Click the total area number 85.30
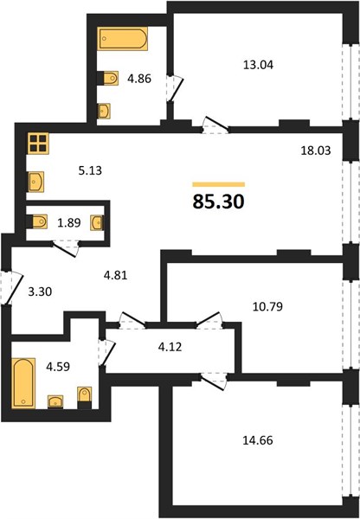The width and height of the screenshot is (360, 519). click(x=218, y=202)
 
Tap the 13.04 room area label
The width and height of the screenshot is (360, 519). click(x=258, y=65)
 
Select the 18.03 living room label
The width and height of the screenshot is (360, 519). click(x=316, y=151)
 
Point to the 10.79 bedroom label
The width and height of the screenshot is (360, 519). click(x=267, y=307)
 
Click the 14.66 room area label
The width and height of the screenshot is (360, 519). click(x=258, y=440)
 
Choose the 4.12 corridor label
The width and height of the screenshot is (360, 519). click(x=170, y=347)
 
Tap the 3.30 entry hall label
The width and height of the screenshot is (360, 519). click(x=40, y=292)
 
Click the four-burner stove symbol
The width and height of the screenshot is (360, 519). click(x=38, y=144)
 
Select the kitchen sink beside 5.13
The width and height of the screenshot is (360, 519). click(x=36, y=182)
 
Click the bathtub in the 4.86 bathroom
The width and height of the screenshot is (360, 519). click(x=123, y=39)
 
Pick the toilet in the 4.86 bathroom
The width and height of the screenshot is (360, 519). click(x=107, y=79)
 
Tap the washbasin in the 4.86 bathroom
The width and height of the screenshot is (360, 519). click(x=104, y=112)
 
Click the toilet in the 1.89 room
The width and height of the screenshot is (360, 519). click(x=36, y=221)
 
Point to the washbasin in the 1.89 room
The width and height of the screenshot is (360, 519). click(x=97, y=223)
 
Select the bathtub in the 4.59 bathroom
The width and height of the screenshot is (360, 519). click(x=23, y=383)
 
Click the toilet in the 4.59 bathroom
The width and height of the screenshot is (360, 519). click(x=85, y=398)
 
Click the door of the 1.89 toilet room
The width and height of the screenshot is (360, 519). click(x=66, y=248)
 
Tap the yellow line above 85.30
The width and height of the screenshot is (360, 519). click(x=219, y=184)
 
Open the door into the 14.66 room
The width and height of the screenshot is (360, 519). click(x=214, y=381)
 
